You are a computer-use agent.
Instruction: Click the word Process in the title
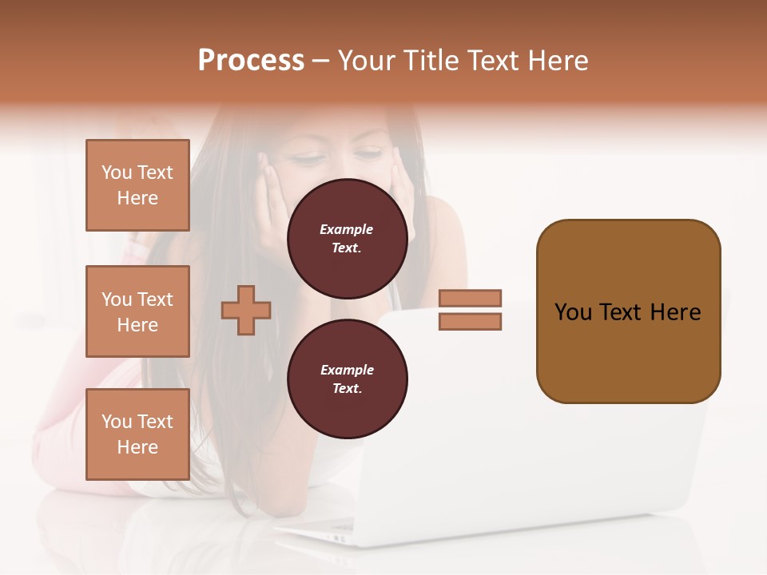[251, 61]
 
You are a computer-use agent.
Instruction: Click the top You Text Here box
[137, 185]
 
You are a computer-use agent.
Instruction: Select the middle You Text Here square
[137, 311]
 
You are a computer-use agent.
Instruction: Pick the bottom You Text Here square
[137, 434]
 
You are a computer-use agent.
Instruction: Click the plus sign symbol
[246, 310]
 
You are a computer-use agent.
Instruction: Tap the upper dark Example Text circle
[347, 239]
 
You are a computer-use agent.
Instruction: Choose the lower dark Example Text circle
[347, 379]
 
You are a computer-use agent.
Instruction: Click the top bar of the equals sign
[470, 298]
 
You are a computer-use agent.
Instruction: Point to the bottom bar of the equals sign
[470, 321]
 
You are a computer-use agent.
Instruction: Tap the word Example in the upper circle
[347, 230]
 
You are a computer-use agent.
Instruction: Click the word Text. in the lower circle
[347, 389]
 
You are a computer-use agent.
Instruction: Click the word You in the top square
[117, 172]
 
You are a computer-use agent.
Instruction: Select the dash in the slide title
[321, 61]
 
